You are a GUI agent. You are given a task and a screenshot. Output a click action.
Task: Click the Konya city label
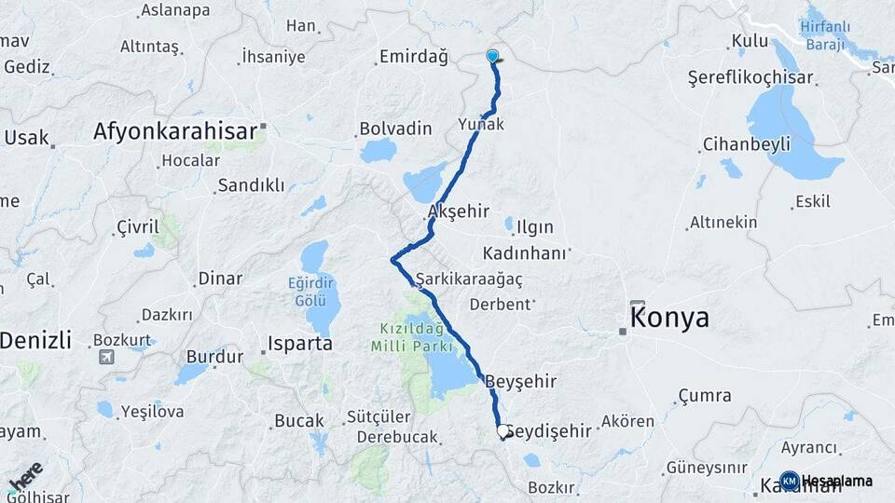click(669, 318)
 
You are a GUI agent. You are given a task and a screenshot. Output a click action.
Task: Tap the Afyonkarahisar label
click(174, 132)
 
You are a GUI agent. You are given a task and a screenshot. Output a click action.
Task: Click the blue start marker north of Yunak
click(492, 57)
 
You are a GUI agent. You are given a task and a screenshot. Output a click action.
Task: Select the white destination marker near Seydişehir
click(503, 431)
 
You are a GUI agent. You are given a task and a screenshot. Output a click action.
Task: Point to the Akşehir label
click(458, 211)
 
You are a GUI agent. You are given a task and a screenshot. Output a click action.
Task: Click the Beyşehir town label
click(521, 381)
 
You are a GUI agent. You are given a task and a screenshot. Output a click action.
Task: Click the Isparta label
click(299, 343)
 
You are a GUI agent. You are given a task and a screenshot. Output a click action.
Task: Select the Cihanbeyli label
click(746, 143)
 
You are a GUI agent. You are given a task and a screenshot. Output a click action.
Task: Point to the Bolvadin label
click(395, 128)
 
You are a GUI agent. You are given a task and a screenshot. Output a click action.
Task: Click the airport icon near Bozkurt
click(107, 356)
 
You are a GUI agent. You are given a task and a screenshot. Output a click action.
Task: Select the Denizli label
click(35, 341)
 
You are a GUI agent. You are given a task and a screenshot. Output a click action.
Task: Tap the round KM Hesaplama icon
click(790, 481)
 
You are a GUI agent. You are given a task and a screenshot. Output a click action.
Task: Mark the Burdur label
click(214, 355)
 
